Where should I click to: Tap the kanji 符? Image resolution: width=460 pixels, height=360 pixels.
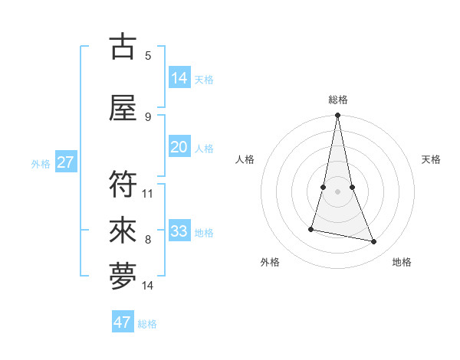(x=123, y=184)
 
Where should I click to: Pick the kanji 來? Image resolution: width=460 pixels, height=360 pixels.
(x=123, y=230)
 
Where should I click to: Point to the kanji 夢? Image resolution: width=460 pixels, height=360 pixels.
(x=123, y=277)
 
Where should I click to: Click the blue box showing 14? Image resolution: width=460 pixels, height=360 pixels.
(x=179, y=78)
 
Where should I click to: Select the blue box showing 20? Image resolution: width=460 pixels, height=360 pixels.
(x=179, y=147)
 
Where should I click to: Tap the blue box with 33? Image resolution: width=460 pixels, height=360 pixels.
(x=179, y=231)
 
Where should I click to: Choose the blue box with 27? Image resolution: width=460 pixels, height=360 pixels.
(x=65, y=162)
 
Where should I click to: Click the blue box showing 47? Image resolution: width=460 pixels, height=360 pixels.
(x=123, y=322)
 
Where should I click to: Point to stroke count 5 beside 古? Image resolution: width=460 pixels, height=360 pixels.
(x=148, y=55)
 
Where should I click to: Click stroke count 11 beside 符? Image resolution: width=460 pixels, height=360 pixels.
(x=148, y=193)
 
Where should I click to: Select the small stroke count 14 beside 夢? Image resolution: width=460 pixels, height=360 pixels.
(x=148, y=286)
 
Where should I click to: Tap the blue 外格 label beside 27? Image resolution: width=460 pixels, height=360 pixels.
(x=41, y=163)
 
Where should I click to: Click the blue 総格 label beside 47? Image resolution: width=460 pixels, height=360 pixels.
(x=147, y=324)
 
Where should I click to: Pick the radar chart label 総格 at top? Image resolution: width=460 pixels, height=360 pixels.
(x=338, y=100)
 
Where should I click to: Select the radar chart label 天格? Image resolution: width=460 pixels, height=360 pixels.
(x=432, y=159)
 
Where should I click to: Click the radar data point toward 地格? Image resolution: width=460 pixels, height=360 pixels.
(x=374, y=242)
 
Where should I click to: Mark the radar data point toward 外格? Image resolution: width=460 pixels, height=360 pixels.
(x=311, y=228)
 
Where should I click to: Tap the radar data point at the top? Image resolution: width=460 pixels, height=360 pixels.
(x=338, y=116)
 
